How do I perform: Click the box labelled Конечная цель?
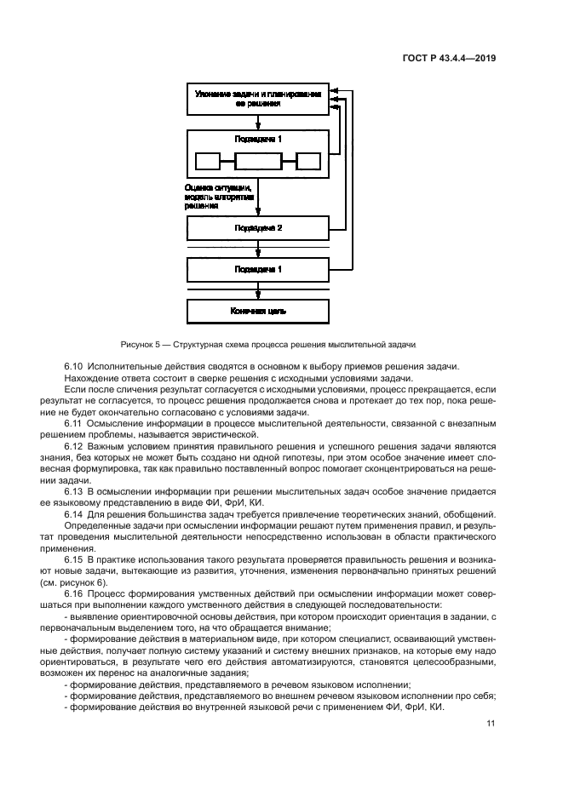[258, 311]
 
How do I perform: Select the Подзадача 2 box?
[258, 227]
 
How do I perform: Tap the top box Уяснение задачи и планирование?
[258, 98]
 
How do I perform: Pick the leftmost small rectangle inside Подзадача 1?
[208, 160]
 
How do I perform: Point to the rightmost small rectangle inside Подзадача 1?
[307, 160]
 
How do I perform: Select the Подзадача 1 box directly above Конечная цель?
[258, 269]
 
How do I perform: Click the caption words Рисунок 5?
[144, 344]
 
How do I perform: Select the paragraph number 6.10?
[77, 366]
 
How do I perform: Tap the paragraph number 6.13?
[77, 492]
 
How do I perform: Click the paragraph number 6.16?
[77, 593]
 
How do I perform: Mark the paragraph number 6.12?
[77, 447]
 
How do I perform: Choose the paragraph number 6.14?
[77, 515]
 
